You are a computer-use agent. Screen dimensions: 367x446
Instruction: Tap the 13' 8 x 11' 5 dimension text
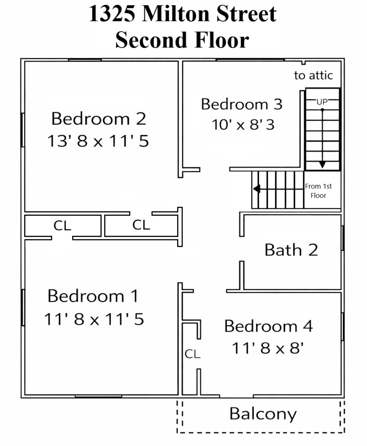98,141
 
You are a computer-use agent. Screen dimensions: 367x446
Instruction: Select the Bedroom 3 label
241,104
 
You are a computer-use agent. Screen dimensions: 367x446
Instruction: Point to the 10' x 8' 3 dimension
243,125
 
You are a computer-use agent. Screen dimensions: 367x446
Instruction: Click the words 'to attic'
313,75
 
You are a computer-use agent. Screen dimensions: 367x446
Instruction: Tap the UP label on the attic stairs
322,102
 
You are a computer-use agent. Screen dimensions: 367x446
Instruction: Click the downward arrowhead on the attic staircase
322,165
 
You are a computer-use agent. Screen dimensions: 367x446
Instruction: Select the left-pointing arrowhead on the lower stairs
257,189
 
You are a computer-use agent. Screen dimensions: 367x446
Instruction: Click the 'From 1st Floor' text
318,191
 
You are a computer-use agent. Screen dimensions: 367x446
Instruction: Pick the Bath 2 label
291,250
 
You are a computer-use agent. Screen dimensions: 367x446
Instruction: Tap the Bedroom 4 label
269,326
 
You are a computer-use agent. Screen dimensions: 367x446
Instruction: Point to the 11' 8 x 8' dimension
268,348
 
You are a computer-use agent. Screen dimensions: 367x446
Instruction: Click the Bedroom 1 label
93,296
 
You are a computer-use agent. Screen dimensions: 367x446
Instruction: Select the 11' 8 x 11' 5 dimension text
94,319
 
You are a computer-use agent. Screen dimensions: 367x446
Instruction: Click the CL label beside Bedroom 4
192,354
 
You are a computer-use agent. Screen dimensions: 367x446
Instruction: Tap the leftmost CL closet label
62,226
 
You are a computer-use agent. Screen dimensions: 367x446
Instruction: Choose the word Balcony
263,414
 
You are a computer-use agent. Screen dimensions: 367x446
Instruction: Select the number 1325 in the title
112,14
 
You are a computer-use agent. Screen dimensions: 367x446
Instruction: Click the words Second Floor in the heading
182,40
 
